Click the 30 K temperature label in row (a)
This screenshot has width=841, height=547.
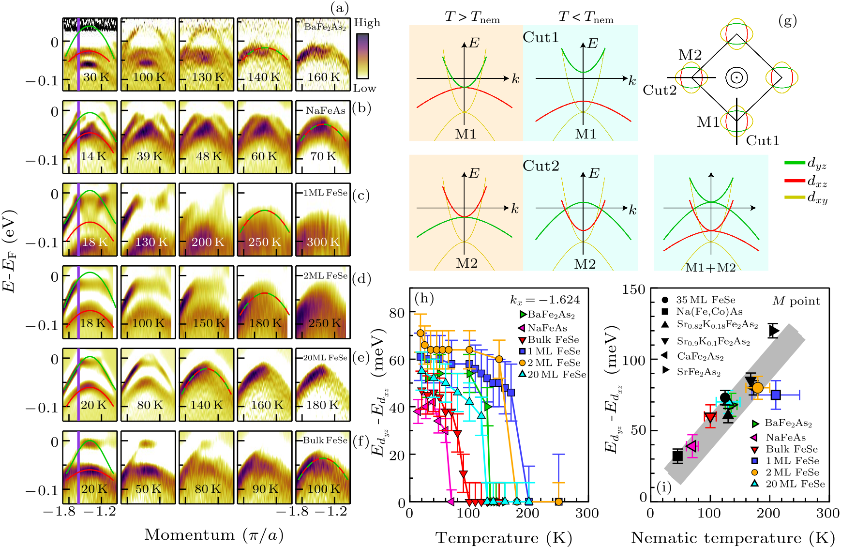point(96,77)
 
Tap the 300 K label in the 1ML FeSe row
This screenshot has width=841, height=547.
point(323,242)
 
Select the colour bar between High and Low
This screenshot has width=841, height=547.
point(362,56)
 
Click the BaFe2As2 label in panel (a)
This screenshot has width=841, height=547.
point(325,27)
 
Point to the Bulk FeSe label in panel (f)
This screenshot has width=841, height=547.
point(325,440)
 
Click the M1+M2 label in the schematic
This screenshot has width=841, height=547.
point(710,268)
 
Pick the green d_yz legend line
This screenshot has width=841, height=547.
point(794,164)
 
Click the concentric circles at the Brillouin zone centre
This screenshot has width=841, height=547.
point(736,77)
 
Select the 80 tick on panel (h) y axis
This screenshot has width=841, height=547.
point(397,313)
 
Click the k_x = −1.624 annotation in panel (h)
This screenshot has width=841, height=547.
point(545,300)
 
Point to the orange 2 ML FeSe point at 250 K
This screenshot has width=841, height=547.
point(558,501)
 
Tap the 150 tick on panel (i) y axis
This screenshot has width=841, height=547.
point(634,290)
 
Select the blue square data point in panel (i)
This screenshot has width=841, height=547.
point(776,395)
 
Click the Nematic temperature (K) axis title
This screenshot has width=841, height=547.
point(733,538)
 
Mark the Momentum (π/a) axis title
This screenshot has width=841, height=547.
point(214,535)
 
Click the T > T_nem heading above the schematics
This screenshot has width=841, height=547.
point(472,17)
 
